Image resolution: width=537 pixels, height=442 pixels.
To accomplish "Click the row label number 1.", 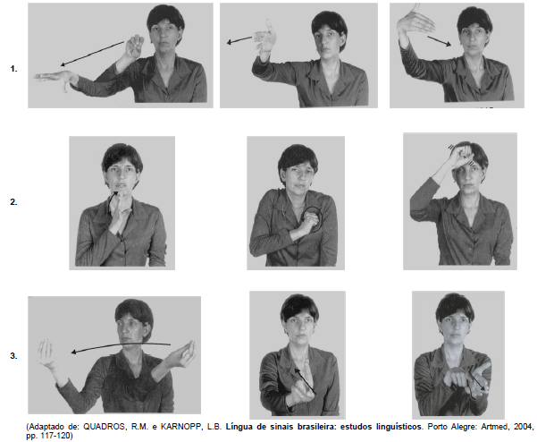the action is (x=13, y=69).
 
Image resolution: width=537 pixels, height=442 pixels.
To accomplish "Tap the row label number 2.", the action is (x=13, y=202).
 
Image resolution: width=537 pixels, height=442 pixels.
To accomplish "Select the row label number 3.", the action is (x=13, y=356).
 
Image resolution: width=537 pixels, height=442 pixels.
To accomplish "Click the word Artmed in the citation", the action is (x=495, y=427).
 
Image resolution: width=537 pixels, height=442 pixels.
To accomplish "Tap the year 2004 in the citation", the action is (x=523, y=427).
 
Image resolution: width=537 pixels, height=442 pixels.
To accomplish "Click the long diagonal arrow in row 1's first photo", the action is (x=92, y=54).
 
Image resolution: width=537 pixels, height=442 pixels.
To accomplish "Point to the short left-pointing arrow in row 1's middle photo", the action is (x=239, y=40).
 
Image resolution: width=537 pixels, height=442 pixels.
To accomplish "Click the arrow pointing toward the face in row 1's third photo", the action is (x=440, y=41).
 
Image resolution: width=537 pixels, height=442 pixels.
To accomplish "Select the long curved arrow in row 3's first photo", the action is (x=121, y=345).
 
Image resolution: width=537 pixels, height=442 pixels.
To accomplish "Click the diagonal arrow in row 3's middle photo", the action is (x=306, y=381).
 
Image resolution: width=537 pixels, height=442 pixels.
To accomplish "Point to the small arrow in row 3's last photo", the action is (x=478, y=381).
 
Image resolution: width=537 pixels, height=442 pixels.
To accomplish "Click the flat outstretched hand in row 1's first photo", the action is (x=55, y=78).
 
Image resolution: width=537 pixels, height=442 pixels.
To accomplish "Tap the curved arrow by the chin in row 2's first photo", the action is (x=113, y=201).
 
